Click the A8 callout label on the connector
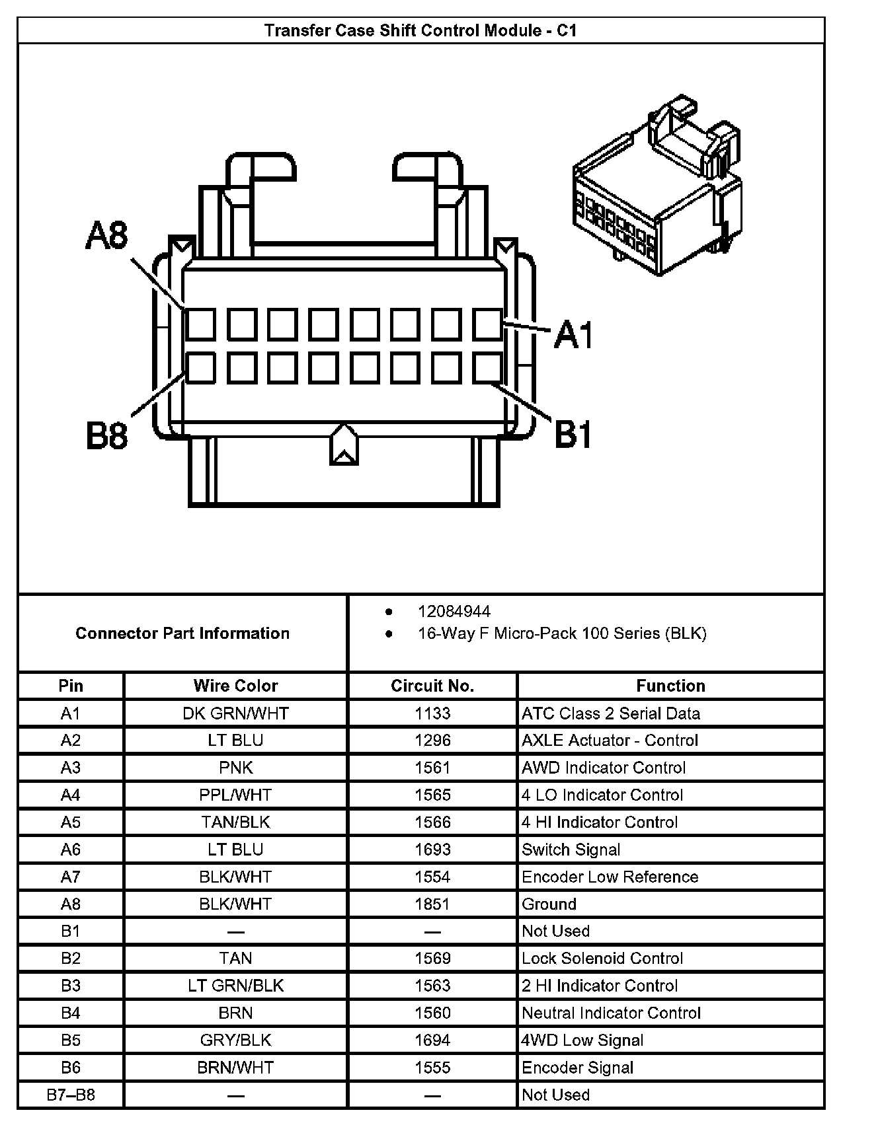pos(107,236)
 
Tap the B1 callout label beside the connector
pos(573,435)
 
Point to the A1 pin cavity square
pos(487,324)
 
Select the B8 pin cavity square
pos(200,368)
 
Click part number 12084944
pos(454,611)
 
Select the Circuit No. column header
pos(432,686)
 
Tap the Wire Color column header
pos(235,686)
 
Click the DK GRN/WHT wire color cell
pos(235,713)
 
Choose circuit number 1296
pos(432,741)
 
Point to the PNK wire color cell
pos(235,768)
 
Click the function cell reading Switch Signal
pos(571,850)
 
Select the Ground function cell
pos(549,904)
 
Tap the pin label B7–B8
pos(71,1095)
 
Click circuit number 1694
pos(432,1040)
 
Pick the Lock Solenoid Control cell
pos(602,959)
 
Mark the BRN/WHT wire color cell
pos(235,1068)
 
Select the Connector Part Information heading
pos(182,634)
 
